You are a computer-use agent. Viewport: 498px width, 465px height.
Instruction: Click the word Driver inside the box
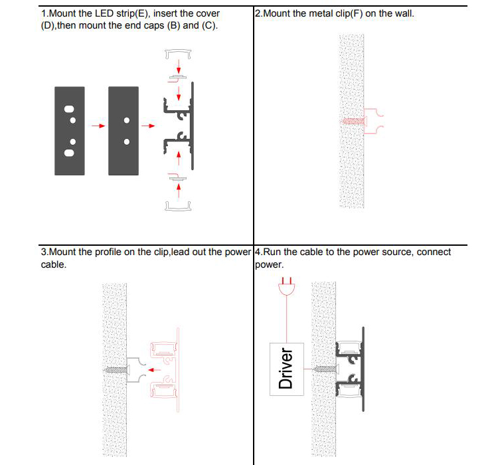pos(286,369)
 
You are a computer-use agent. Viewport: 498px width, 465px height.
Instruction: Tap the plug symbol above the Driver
pos(286,288)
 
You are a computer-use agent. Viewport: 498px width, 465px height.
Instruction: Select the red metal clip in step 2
pos(374,121)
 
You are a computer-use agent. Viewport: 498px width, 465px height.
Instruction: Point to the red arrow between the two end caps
pos(98,125)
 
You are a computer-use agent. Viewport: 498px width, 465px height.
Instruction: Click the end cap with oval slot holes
pos(68,130)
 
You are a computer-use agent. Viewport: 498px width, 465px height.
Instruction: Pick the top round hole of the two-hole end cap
pos(126,120)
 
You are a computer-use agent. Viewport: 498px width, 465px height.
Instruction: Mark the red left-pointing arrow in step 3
pos(154,369)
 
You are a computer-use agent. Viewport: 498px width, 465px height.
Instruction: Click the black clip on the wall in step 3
pos(135,369)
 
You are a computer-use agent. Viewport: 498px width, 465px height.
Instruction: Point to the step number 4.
pos(257,252)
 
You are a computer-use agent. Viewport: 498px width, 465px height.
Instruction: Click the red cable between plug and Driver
pos(286,319)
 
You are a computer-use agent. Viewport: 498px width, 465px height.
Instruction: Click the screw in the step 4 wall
pos(323,368)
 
